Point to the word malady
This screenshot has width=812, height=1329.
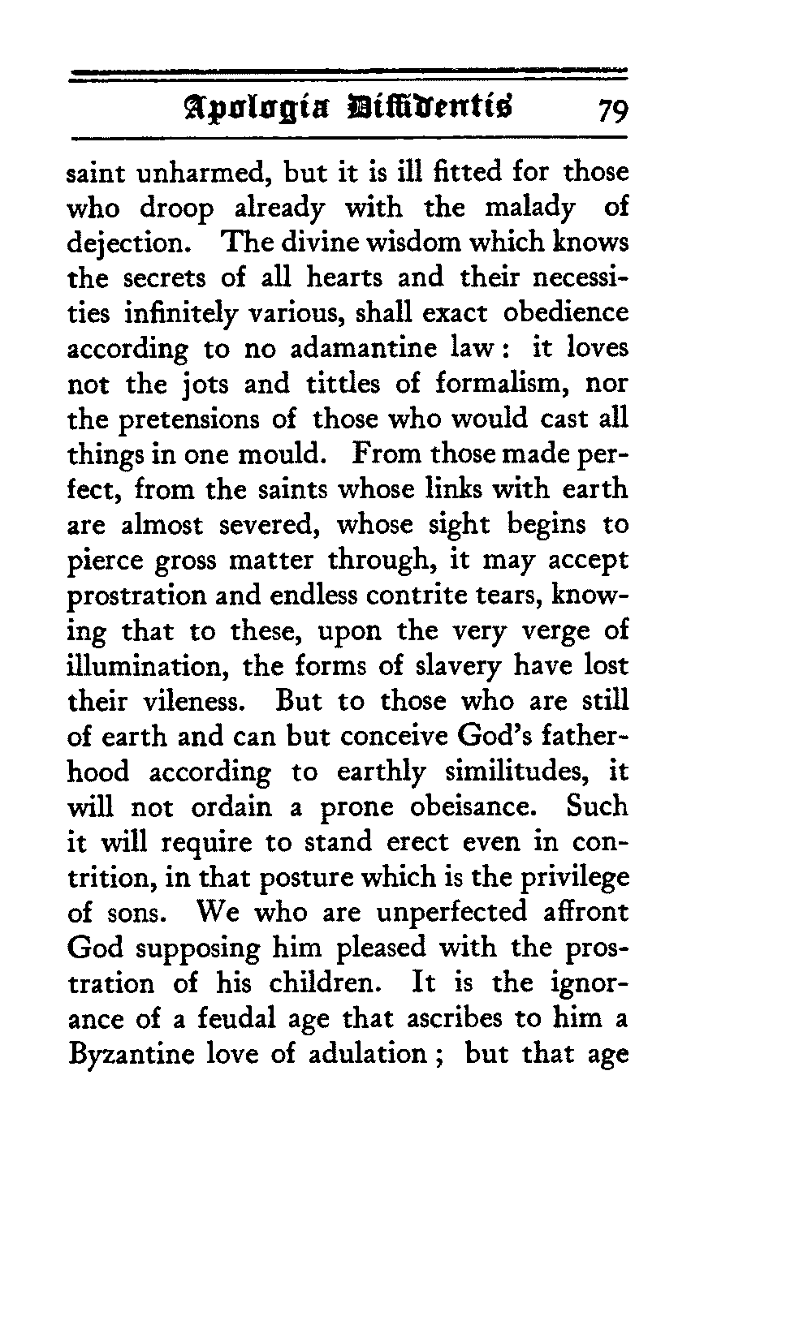coord(530,209)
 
